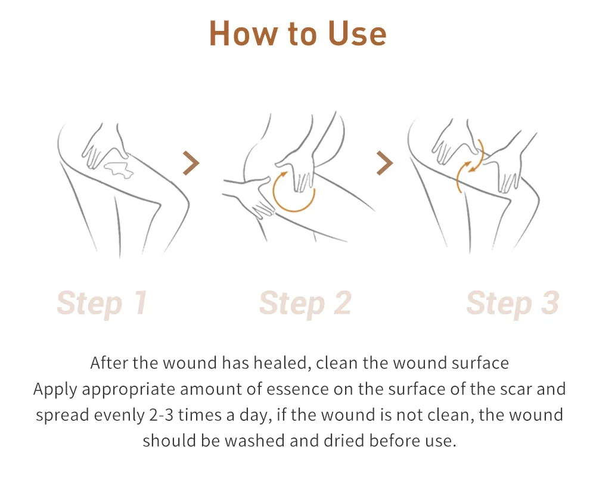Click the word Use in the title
coord(357,33)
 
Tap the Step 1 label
coord(102,304)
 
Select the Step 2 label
coord(305,304)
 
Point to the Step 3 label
coord(513,304)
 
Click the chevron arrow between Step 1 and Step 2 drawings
coord(191,163)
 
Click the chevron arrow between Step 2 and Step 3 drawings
coord(384,163)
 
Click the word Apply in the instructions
coord(55,389)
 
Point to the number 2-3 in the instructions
coord(161,415)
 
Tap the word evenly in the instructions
coord(119,415)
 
